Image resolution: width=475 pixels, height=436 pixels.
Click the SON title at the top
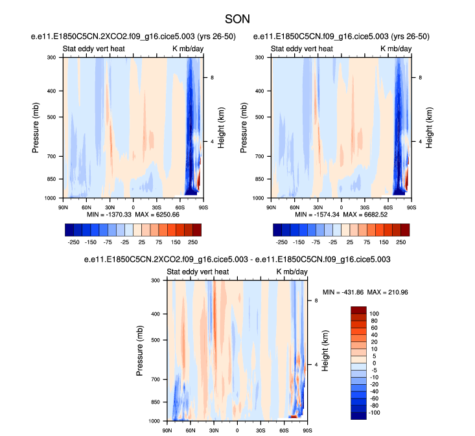[237, 19]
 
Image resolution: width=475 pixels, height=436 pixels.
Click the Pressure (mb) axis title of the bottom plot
[140, 350]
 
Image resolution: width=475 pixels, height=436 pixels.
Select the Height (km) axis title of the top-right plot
[429, 128]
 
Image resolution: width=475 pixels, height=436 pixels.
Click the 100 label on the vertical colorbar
[375, 313]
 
